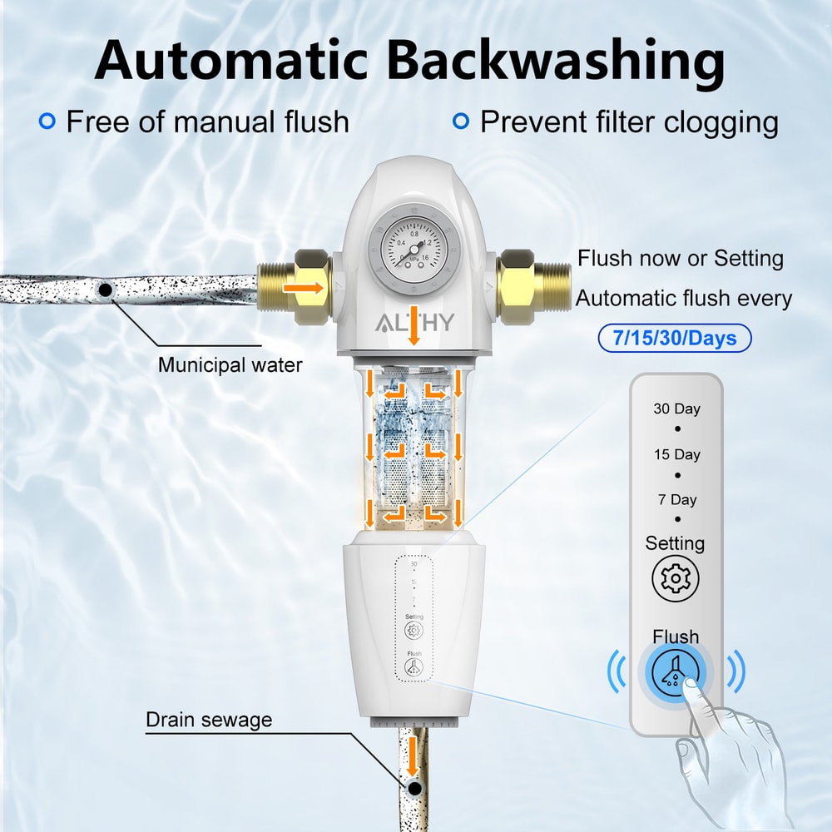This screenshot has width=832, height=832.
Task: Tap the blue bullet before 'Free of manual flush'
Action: tap(47, 121)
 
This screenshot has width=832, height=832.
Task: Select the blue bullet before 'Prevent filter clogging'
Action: tap(460, 121)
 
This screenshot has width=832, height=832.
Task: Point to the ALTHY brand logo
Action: tap(414, 323)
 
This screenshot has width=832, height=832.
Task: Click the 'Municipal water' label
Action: tap(230, 364)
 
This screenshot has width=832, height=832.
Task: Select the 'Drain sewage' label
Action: tap(209, 720)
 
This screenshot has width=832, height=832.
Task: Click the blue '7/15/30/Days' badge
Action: tap(675, 339)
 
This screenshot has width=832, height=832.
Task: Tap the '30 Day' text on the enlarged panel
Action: tap(676, 409)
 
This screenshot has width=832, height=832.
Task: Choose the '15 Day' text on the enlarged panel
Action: tap(676, 454)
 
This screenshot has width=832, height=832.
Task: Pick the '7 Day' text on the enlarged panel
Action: tap(676, 500)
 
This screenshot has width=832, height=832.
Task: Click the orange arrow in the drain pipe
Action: tap(411, 756)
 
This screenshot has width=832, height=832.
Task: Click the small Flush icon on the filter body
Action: tap(414, 666)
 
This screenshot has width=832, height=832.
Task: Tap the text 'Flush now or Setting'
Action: tap(681, 258)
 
